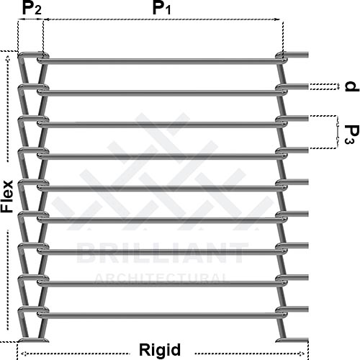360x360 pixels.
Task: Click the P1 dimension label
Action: point(161,9)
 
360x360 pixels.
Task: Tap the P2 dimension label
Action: point(32,9)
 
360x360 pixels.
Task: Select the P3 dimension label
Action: point(352,135)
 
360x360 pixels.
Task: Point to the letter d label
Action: point(352,86)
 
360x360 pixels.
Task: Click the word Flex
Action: point(6,197)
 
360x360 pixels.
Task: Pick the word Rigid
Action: point(160,350)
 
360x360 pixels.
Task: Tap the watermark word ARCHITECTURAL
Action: point(161,278)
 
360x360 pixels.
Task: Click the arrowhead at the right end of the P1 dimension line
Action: point(278,19)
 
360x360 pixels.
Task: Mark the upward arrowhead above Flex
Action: point(8,58)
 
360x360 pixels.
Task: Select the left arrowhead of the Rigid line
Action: point(24,354)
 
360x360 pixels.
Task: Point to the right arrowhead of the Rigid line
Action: point(302,354)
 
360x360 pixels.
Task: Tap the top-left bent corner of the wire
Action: point(21,56)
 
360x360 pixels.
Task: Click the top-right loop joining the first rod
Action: point(281,58)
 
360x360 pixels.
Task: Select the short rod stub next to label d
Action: point(297,86)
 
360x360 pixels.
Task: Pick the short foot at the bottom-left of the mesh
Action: point(34,340)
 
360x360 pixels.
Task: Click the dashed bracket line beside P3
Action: point(336,132)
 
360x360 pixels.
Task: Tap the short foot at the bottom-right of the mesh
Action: point(292,341)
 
